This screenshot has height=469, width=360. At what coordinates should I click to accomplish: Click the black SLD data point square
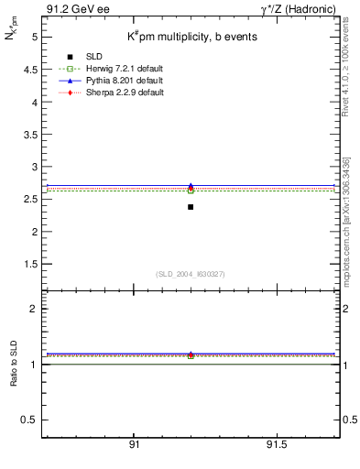point(191,207)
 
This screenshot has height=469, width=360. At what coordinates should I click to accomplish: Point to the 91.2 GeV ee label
point(72,10)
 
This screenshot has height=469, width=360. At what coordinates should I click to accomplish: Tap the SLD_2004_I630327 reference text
point(189,274)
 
